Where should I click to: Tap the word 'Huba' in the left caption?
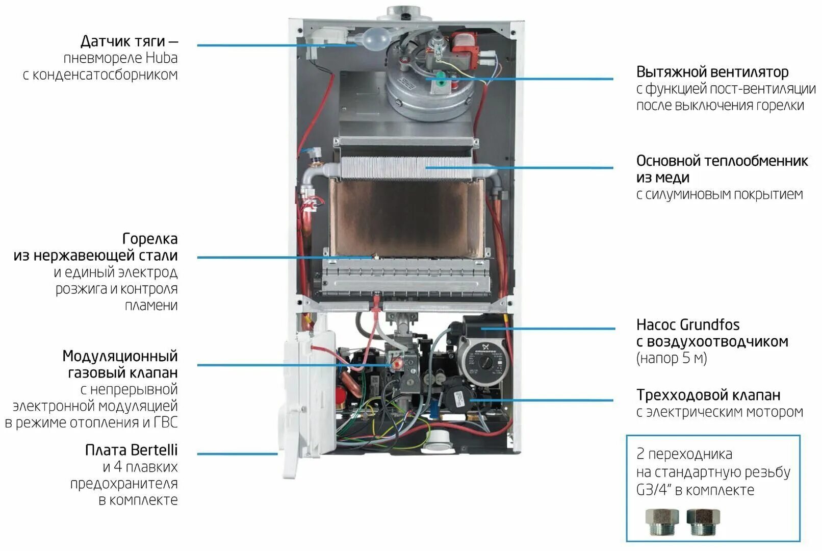click(x=162, y=58)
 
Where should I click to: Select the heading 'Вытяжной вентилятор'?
click(x=712, y=72)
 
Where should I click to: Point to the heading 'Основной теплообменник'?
click(x=722, y=161)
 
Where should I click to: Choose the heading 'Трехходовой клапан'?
click(x=708, y=395)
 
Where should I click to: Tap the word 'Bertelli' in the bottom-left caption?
click(x=154, y=450)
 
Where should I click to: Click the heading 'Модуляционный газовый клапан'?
click(x=120, y=364)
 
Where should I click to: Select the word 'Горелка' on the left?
click(x=150, y=239)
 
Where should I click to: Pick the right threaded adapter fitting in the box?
click(x=702, y=521)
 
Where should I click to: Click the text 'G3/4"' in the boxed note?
click(x=654, y=490)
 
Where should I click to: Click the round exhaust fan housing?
click(x=423, y=89)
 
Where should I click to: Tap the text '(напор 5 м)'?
click(x=671, y=358)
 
